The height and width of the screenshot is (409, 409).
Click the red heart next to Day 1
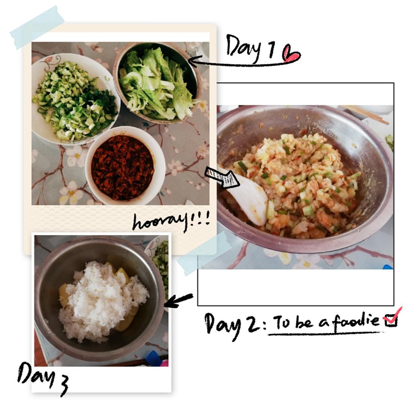tap(291, 53)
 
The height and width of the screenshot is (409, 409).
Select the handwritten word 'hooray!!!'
tap(171, 222)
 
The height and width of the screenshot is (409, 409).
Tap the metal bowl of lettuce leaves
tap(157, 83)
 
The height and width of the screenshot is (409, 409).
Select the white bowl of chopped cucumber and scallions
tap(76, 99)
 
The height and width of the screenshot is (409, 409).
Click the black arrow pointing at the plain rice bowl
tap(179, 300)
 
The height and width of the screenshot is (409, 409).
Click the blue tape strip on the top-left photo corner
tap(37, 27)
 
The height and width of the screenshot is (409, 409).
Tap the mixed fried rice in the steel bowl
tap(295, 183)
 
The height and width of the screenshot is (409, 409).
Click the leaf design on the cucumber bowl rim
tap(48, 62)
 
